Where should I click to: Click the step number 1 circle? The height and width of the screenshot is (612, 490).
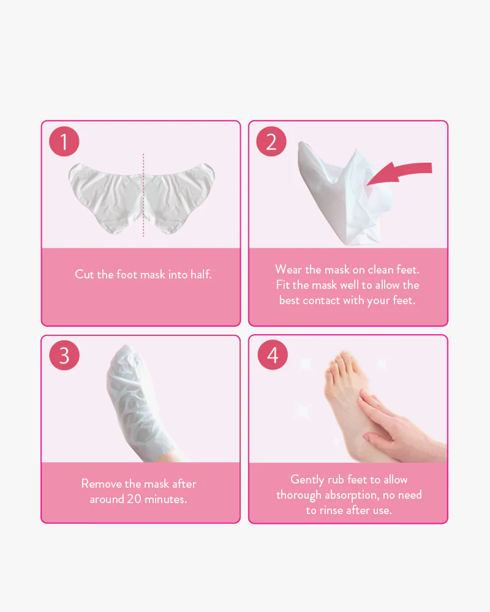pyautogui.click(x=64, y=141)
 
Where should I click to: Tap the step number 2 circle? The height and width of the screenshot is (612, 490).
pyautogui.click(x=271, y=141)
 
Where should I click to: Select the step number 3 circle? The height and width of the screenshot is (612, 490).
pyautogui.click(x=64, y=355)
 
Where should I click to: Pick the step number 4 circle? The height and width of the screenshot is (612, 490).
pyautogui.click(x=273, y=355)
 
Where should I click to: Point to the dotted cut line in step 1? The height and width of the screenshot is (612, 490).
pyautogui.click(x=143, y=195)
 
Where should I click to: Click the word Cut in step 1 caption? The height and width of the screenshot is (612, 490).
pyautogui.click(x=85, y=274)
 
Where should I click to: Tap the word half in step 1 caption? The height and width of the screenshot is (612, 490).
pyautogui.click(x=201, y=274)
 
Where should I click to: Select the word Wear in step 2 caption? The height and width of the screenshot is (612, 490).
pyautogui.click(x=288, y=269)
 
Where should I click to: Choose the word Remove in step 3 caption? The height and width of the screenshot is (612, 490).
pyautogui.click(x=102, y=483)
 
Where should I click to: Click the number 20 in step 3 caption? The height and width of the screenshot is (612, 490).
pyautogui.click(x=134, y=499)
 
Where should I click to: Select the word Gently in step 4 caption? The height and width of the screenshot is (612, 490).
pyautogui.click(x=307, y=480)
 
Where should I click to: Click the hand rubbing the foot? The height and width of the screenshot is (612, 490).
pyautogui.click(x=402, y=425)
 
